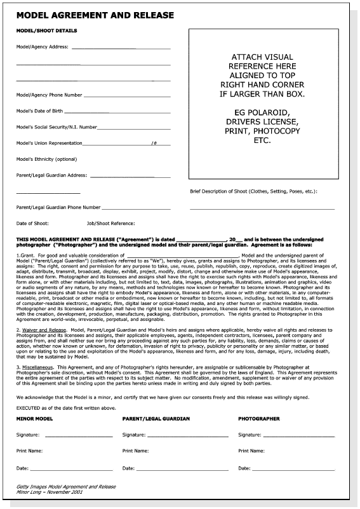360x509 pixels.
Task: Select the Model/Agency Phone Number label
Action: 50,95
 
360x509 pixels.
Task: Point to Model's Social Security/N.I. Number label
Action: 57,127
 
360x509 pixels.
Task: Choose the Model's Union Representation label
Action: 49,143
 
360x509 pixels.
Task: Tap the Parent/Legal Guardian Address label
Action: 52,175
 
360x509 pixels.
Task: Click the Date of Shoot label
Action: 31,223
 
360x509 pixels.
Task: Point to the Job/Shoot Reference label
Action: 110,223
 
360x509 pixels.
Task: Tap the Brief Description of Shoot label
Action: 254,191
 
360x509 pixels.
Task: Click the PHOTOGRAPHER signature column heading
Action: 259,419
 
